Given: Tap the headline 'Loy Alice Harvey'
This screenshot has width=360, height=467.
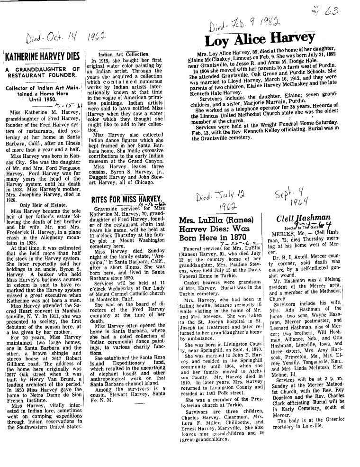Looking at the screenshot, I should pyautogui.click(x=260, y=38).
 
